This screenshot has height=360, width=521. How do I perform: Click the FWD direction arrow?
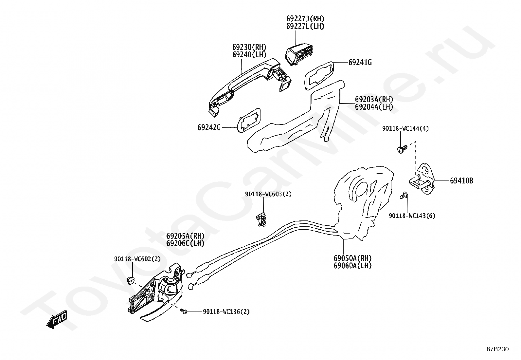tap(57, 319)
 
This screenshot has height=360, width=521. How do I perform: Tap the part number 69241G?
tap(360, 63)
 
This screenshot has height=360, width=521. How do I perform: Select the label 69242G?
tap(209, 127)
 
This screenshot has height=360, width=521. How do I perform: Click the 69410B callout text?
tap(461, 181)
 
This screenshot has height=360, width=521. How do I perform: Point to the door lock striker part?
tap(422, 179)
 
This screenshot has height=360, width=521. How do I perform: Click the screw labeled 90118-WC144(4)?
tap(402, 149)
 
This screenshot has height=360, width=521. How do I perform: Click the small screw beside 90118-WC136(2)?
tap(184, 311)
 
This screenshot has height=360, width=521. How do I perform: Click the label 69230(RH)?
tap(249, 47)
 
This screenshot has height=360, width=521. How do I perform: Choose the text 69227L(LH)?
tap(305, 26)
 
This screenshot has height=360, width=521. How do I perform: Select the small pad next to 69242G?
tap(248, 120)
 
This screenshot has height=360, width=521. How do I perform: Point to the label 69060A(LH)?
tap(352, 266)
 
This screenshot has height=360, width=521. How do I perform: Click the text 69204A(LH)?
tap(374, 107)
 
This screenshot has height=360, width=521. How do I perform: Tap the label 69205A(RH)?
tap(185, 236)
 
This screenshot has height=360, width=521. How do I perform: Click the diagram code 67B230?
tap(498, 349)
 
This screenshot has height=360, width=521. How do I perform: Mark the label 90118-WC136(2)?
tap(226, 312)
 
